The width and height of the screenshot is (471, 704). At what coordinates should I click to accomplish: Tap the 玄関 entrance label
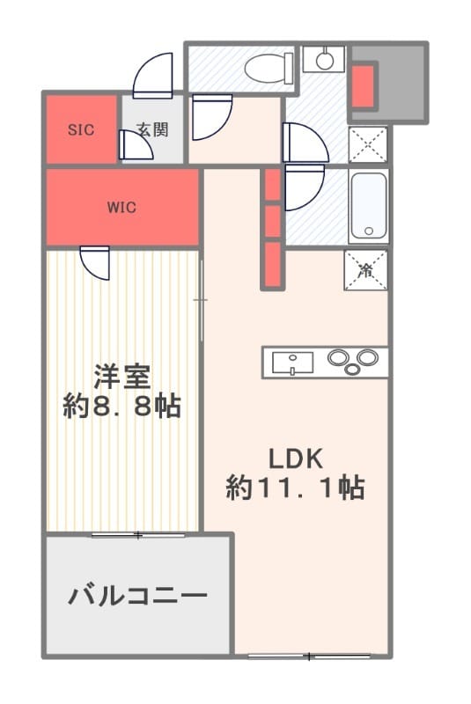[x=151, y=129]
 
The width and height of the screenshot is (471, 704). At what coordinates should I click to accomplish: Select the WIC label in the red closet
[x=121, y=208]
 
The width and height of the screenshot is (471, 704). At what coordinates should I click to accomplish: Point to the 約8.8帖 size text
[x=122, y=407]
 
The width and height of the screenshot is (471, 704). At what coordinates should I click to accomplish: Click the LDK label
[x=297, y=458]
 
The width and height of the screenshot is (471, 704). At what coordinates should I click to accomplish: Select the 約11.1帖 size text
[x=296, y=488]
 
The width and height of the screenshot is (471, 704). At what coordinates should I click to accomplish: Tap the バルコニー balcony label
[x=138, y=597]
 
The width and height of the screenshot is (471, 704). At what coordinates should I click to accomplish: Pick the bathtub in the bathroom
[x=367, y=207]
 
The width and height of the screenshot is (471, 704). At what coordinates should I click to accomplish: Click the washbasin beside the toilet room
[x=324, y=59]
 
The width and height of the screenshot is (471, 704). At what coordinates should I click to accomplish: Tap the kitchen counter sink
[x=292, y=362]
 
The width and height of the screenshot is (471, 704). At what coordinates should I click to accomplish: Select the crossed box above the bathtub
[x=366, y=143]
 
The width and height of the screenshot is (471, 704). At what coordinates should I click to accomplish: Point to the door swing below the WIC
[x=94, y=261]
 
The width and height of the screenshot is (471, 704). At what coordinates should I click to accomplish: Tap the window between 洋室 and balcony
[x=137, y=534]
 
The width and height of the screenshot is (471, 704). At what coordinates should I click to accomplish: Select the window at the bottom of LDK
[x=310, y=656]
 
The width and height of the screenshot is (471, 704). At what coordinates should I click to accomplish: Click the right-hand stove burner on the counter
[x=366, y=357]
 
